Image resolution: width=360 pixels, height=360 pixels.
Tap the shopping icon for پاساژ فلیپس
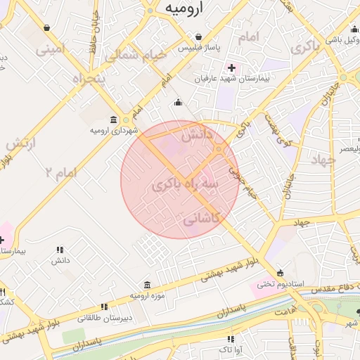[x=200, y=37]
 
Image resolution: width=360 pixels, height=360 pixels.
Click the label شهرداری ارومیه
[x=113, y=131]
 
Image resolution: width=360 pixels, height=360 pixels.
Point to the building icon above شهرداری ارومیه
[x=114, y=120]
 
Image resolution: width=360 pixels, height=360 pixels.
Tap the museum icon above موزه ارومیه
[x=146, y=285]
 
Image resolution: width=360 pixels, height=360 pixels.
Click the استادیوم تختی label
[x=280, y=284]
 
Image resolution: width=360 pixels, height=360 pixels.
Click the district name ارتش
[x=21, y=143]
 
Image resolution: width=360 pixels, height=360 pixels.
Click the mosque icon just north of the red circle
[x=178, y=103]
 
